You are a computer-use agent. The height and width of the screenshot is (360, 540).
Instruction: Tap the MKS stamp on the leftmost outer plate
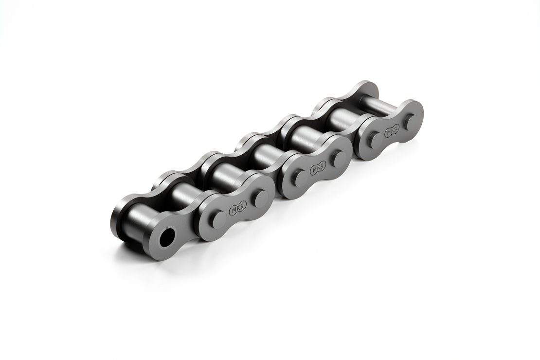point(237,209)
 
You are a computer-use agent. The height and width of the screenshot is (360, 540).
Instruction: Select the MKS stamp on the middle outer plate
point(318,168)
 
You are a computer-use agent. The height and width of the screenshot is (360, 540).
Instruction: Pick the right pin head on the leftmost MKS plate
point(261,198)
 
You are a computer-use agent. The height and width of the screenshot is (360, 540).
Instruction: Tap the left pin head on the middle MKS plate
point(301,177)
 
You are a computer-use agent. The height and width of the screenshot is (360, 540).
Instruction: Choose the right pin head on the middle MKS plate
point(338,158)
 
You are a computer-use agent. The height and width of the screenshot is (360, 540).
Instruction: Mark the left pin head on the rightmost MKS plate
point(375,139)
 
